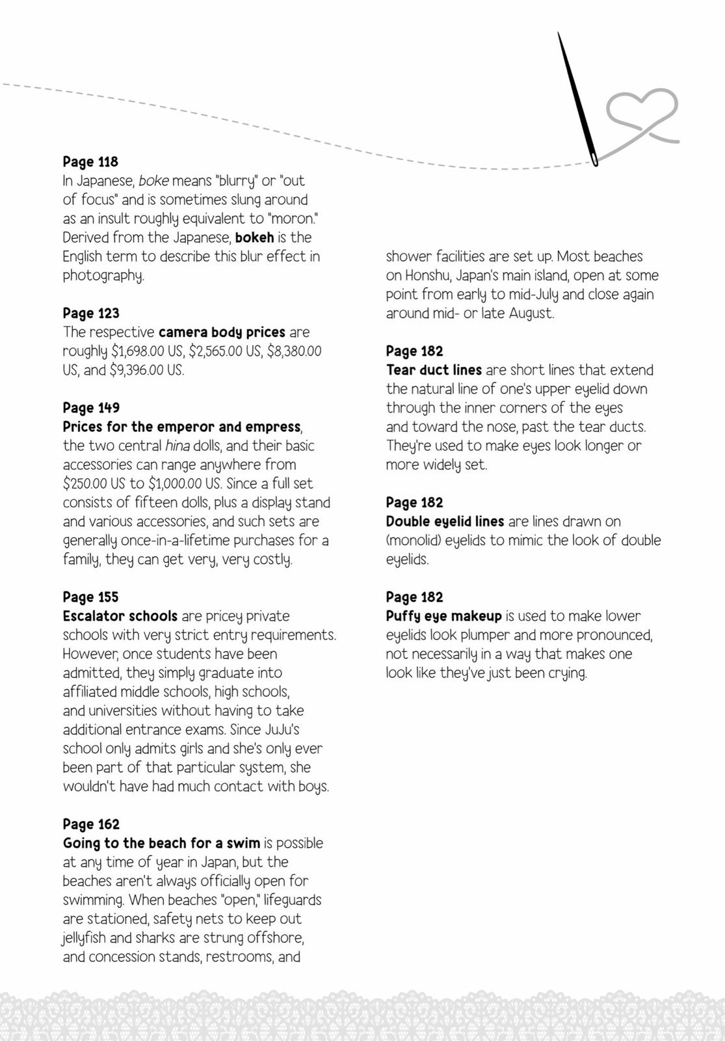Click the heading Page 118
click(x=90, y=161)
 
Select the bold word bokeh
click(x=254, y=237)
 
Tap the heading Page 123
click(x=91, y=313)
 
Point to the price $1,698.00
click(x=138, y=351)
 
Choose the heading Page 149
click(x=91, y=408)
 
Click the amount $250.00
click(x=86, y=483)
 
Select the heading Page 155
click(x=90, y=597)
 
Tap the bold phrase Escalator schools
click(x=120, y=616)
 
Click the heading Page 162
click(x=91, y=824)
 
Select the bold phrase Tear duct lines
click(x=434, y=370)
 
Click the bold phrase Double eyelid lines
click(x=445, y=521)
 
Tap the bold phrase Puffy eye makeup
click(x=443, y=616)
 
